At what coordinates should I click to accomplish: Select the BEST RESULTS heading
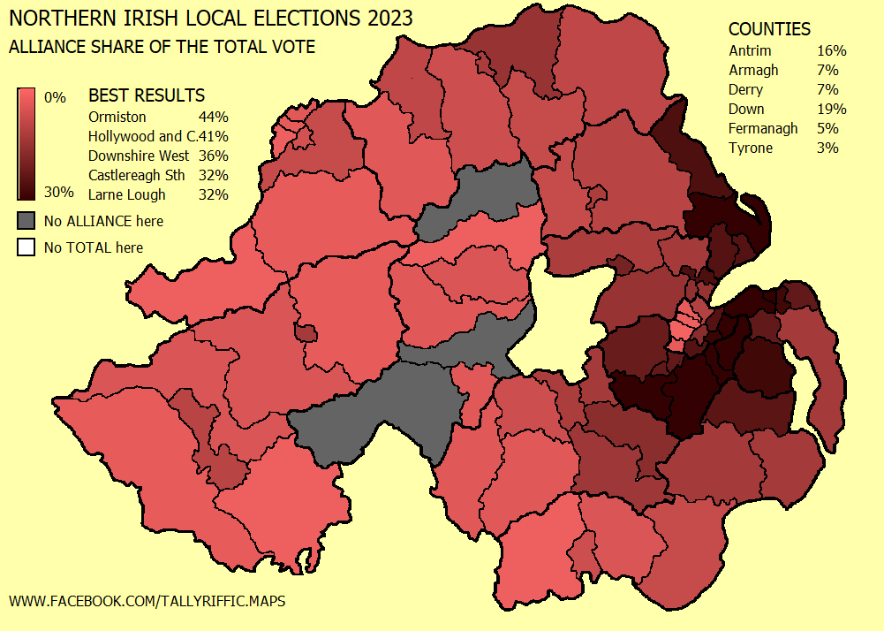(147, 95)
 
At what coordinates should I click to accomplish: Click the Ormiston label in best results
(117, 117)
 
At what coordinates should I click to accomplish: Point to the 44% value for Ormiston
(214, 117)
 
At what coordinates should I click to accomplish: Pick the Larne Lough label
(127, 194)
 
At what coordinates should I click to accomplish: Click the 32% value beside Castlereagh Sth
(214, 175)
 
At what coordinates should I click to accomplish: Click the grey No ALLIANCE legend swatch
(26, 220)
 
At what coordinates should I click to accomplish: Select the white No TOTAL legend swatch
(26, 247)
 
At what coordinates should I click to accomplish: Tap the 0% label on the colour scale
(55, 97)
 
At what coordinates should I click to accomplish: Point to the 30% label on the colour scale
(58, 193)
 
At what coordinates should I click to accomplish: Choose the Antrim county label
(750, 50)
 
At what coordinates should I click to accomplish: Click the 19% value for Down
(832, 109)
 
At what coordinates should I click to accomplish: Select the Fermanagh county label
(763, 128)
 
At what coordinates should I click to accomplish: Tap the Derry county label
(746, 89)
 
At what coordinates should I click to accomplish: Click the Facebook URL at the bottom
(147, 601)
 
